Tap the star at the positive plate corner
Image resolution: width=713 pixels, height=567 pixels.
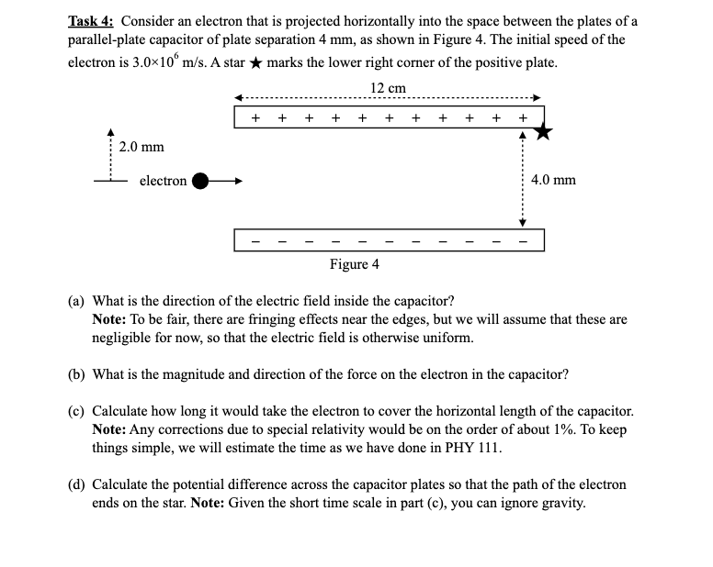click(x=544, y=133)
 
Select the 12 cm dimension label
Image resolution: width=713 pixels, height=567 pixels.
click(x=388, y=88)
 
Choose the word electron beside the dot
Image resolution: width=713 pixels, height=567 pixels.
click(x=163, y=181)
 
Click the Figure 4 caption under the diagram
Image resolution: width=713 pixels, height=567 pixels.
click(x=354, y=264)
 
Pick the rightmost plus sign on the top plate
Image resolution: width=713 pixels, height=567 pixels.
click(x=523, y=117)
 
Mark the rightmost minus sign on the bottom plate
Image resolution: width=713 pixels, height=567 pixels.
click(x=523, y=242)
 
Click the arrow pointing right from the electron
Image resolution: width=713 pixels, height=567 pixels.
click(x=231, y=181)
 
